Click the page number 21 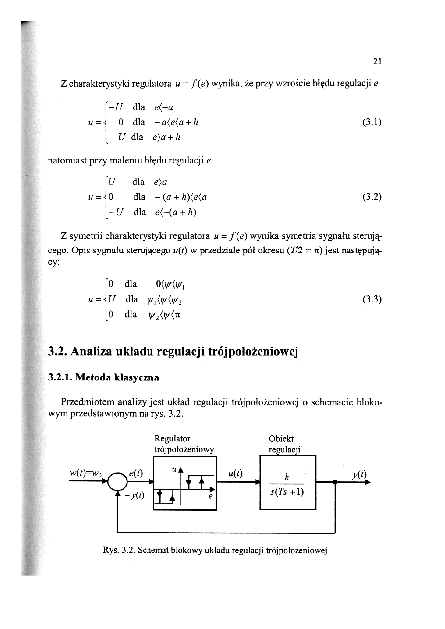377,62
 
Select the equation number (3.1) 372,122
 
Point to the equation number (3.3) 372,299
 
